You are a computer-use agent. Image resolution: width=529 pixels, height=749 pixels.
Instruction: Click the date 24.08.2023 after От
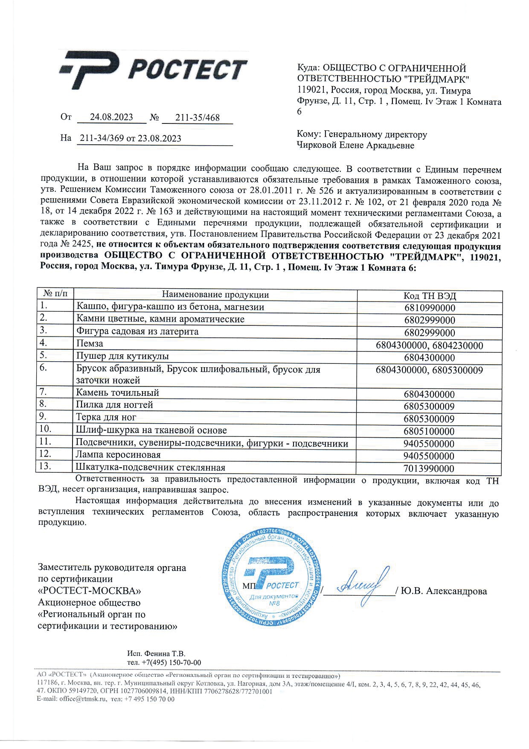(x=111, y=117)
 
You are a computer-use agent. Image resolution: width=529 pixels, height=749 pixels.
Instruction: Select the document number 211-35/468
(x=198, y=117)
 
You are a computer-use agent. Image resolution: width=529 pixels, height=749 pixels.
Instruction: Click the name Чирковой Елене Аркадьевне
(x=355, y=146)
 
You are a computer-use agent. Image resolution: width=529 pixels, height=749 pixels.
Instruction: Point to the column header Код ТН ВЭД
(x=430, y=296)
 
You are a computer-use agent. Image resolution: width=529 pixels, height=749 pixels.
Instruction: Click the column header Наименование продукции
(x=215, y=295)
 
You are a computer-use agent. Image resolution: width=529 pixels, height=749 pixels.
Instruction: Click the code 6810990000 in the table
(x=430, y=308)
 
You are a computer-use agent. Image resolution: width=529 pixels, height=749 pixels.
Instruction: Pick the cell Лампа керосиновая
(x=119, y=454)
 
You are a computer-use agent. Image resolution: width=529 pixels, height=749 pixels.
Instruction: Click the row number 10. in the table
(x=45, y=429)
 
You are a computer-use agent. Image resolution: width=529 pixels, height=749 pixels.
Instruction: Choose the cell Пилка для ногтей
(x=114, y=405)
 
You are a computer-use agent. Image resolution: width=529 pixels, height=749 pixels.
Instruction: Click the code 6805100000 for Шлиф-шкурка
(x=430, y=431)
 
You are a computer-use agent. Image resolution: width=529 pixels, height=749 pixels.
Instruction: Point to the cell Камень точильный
(x=118, y=392)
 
